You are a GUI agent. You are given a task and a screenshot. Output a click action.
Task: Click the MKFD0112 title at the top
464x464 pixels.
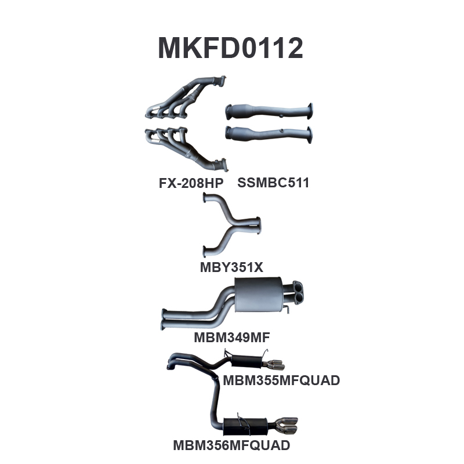230,48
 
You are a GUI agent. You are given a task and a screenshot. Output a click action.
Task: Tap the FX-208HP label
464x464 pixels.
191,183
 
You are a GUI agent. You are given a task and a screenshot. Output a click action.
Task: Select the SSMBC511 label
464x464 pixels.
273,183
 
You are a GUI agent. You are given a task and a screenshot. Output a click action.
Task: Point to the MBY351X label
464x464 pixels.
231,267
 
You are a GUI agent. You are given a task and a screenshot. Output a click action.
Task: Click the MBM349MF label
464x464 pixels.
231,338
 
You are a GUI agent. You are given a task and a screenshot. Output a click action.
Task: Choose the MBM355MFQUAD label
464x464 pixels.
281,380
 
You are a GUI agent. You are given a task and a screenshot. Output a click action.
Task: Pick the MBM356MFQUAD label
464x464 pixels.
231,445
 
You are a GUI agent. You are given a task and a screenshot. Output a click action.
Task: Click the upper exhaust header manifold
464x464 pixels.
186,97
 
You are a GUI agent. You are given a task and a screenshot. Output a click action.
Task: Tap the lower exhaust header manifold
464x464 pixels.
186,149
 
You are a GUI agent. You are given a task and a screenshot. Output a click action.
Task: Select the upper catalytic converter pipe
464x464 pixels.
269,111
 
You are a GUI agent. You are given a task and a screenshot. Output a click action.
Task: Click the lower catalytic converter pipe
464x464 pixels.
269,135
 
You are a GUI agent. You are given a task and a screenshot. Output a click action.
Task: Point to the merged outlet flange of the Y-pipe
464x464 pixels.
259,226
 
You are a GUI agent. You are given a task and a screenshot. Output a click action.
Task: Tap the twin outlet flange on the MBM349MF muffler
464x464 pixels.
298,292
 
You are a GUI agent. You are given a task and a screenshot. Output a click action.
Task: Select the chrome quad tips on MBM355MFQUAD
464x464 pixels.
274,365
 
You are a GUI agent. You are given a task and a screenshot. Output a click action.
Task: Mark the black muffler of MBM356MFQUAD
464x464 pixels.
245,426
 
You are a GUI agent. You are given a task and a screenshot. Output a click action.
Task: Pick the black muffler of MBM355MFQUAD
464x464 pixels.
246,361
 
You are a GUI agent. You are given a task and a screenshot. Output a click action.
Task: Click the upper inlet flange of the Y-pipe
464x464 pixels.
205,197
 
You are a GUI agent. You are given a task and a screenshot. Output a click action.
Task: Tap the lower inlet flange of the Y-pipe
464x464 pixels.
205,252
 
